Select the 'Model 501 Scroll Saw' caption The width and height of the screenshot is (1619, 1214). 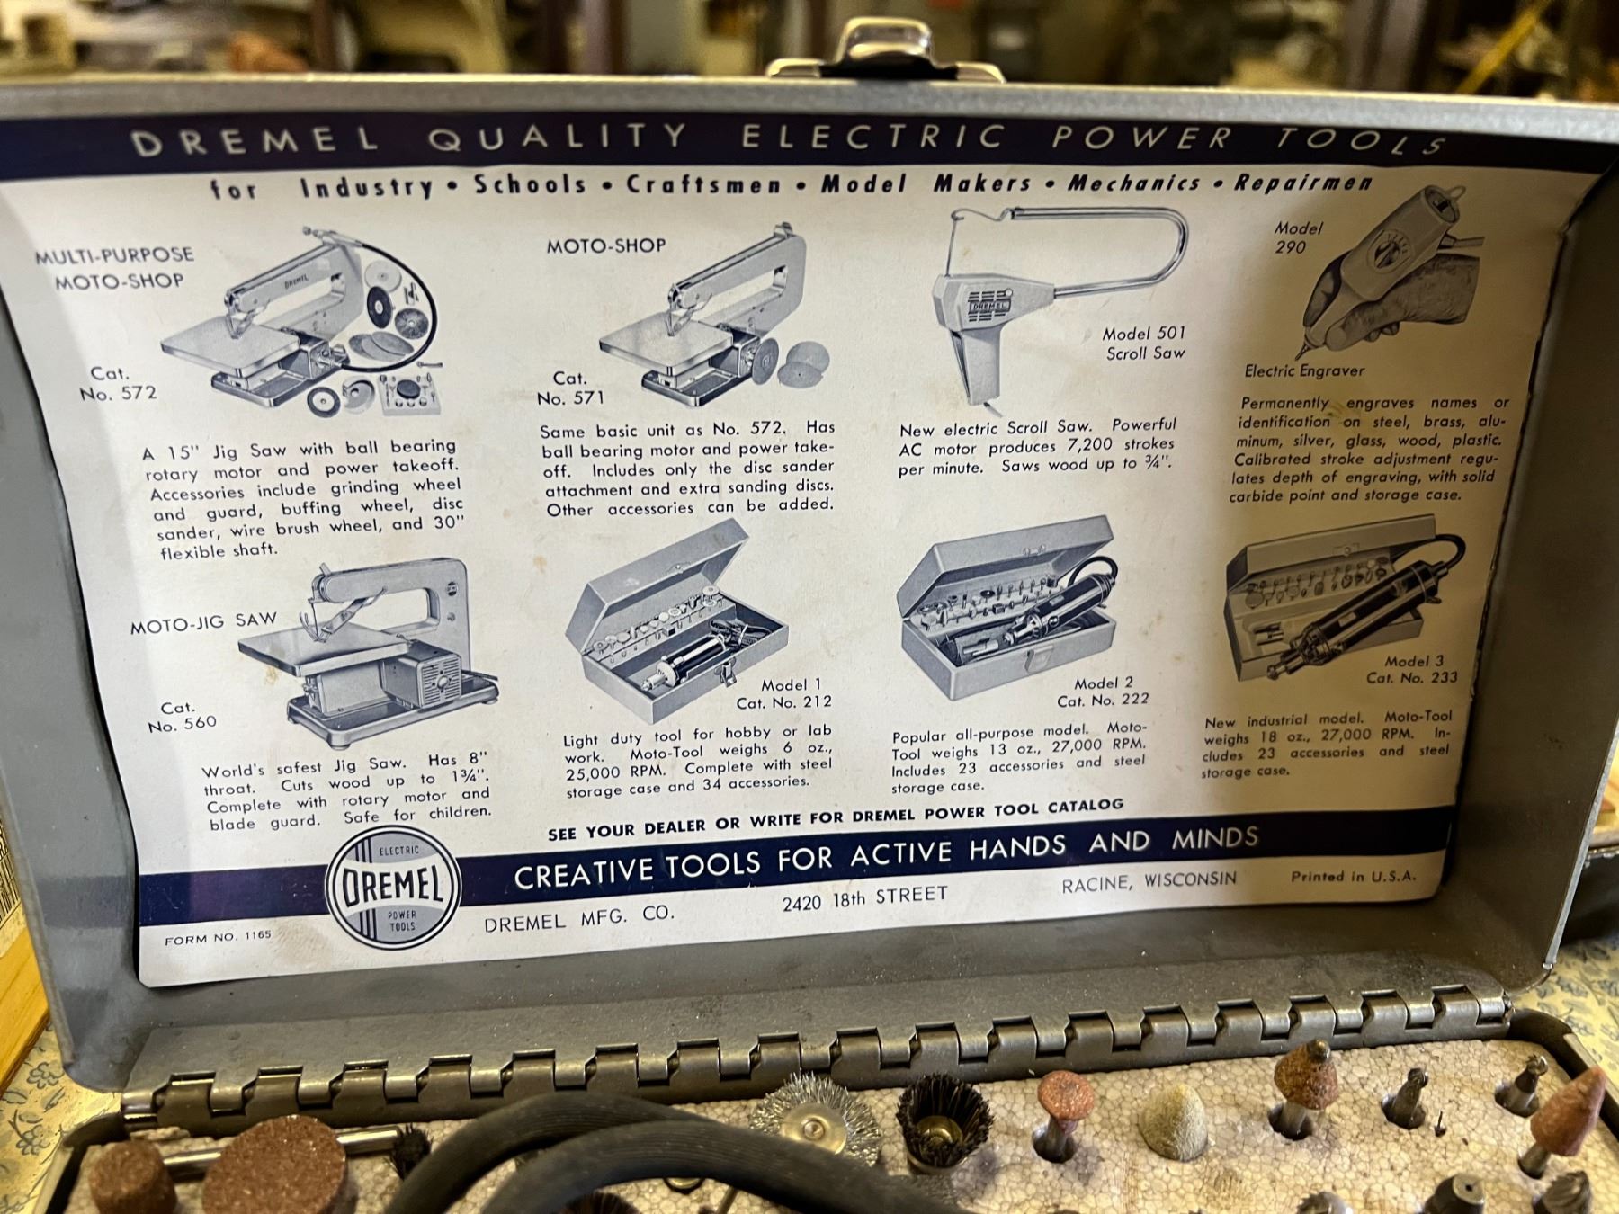pos(1144,344)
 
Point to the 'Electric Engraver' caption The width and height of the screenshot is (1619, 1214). pos(1304,370)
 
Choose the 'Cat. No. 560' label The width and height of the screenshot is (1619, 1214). pos(182,717)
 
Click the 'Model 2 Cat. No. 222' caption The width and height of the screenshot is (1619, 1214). pos(1104,692)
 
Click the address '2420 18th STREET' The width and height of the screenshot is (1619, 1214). pos(864,897)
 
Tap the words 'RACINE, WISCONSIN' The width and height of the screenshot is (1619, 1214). pos(1149,881)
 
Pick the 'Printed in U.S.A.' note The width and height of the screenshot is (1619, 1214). pos(1353,875)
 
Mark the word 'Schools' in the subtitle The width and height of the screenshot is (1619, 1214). pos(531,184)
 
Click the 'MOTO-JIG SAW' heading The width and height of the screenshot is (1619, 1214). pos(203,622)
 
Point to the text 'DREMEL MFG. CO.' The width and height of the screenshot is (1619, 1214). pos(578,918)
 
